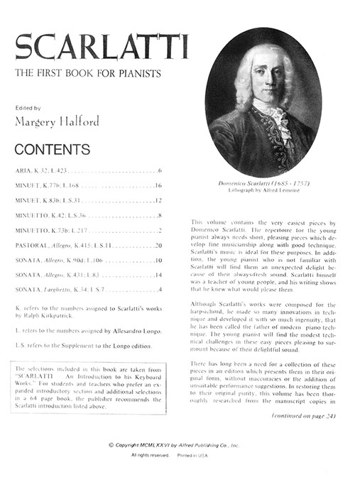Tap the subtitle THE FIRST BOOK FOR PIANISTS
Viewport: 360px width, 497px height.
[x=88, y=74]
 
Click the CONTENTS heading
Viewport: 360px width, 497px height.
[x=53, y=150]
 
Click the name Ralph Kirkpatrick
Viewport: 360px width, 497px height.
[x=53, y=317]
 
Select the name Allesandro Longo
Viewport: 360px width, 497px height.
[x=133, y=331]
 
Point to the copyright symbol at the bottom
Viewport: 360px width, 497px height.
[x=111, y=445]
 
